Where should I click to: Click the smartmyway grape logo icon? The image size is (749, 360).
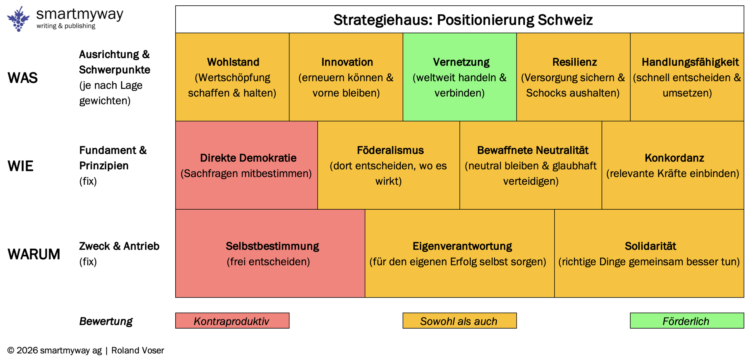[19, 19]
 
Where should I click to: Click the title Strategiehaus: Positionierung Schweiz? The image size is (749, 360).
[463, 20]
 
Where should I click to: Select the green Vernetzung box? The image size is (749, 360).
[460, 77]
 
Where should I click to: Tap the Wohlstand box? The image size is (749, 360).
[232, 77]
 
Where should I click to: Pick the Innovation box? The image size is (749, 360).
[346, 77]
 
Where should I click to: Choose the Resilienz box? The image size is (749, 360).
[573, 77]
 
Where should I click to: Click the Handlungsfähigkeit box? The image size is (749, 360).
[687, 77]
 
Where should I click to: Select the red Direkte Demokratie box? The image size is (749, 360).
[246, 165]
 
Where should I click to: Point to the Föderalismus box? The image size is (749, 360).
[389, 165]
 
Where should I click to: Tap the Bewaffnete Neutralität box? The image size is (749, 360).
[531, 165]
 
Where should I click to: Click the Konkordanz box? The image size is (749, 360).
[673, 165]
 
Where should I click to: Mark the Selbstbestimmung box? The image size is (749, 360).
[270, 254]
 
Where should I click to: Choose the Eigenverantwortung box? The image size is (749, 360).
[460, 254]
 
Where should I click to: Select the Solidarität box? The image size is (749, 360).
[649, 254]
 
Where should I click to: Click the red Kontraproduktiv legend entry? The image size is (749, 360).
[232, 321]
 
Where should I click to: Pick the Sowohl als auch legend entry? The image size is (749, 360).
[460, 321]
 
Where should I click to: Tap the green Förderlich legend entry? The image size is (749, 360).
[687, 321]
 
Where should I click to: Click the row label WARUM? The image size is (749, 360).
[34, 254]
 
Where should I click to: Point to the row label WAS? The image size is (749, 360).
[23, 78]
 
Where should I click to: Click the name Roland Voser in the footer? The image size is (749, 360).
[138, 350]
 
